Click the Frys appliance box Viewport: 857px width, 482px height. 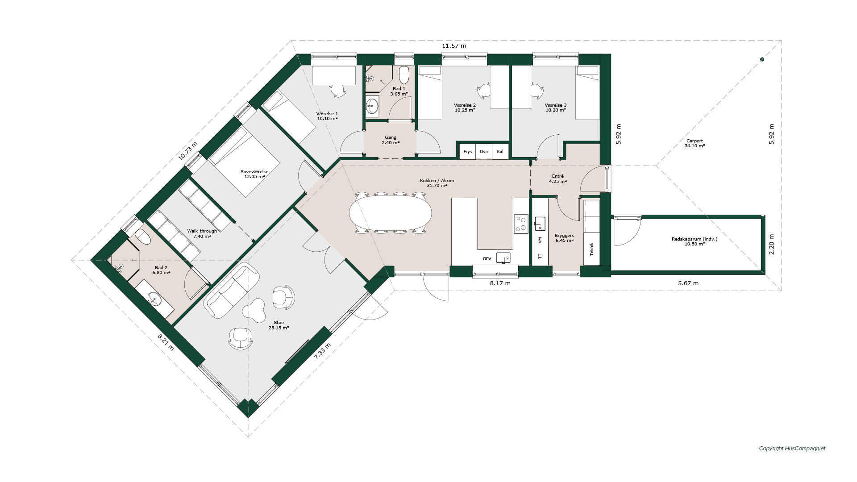click(x=468, y=152)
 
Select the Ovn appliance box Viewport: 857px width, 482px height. click(x=484, y=152)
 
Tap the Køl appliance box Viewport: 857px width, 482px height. click(x=500, y=152)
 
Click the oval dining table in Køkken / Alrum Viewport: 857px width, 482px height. click(x=391, y=213)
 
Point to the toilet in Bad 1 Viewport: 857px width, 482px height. click(x=404, y=75)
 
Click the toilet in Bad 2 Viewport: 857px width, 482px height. click(x=143, y=237)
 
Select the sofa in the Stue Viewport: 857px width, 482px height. click(x=231, y=290)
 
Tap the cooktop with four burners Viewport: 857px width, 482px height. click(x=521, y=224)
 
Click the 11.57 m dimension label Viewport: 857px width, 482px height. click(x=454, y=46)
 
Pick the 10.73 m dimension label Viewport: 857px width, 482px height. click(x=187, y=151)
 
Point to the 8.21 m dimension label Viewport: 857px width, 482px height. click(x=166, y=342)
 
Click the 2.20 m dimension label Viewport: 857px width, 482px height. click(x=772, y=245)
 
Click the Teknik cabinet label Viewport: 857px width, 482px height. click(x=592, y=249)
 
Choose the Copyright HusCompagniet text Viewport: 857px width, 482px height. click(x=792, y=449)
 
